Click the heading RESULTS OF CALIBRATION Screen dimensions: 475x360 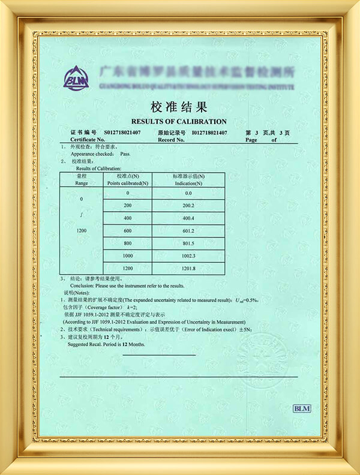(179, 121)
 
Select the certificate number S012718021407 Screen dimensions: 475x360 (122, 132)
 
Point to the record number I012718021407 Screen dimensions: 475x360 (209, 132)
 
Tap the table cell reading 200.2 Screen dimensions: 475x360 (188, 205)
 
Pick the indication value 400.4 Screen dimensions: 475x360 (188, 218)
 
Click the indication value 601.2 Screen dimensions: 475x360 (188, 231)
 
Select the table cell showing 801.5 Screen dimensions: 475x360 (188, 244)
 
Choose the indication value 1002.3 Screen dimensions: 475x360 (188, 256)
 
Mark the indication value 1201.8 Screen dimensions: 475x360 (188, 269)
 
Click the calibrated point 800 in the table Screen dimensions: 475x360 (127, 244)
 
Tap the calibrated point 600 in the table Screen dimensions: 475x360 (127, 231)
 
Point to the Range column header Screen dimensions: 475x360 (82, 180)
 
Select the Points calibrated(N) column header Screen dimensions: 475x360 (127, 180)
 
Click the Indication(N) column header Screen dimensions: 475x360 (188, 180)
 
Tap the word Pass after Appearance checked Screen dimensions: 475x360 (125, 154)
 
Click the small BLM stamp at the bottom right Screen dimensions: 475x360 (301, 408)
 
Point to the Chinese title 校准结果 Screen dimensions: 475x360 (179, 107)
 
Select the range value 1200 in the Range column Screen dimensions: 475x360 (82, 230)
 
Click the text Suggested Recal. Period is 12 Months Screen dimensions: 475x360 (106, 345)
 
